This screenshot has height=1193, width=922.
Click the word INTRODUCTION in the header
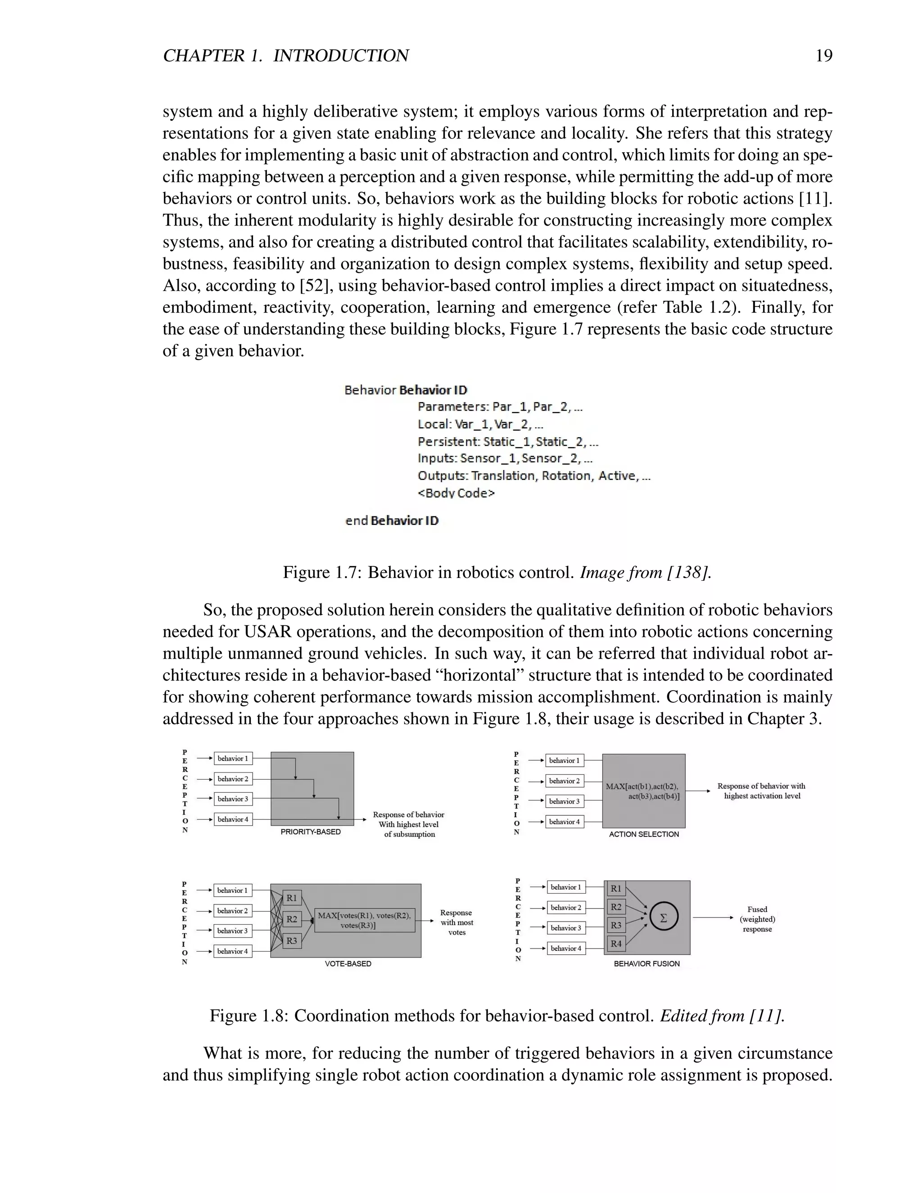[x=340, y=56]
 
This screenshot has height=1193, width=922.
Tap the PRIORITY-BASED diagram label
[x=310, y=832]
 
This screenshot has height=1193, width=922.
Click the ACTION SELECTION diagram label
[x=643, y=834]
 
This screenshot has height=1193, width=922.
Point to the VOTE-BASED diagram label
[x=348, y=963]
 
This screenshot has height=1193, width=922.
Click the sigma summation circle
[x=664, y=918]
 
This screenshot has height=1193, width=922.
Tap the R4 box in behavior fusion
[x=615, y=943]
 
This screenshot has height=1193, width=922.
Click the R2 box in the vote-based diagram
[x=292, y=919]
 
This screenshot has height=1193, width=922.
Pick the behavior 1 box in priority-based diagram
[x=233, y=758]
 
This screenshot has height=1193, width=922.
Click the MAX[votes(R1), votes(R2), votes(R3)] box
[x=364, y=920]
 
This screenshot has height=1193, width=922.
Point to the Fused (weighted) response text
[x=757, y=919]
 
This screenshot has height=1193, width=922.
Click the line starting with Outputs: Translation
[x=533, y=476]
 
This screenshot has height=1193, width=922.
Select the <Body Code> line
[x=456, y=493]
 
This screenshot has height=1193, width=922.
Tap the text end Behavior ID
[x=392, y=520]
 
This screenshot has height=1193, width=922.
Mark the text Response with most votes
[x=456, y=922]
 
